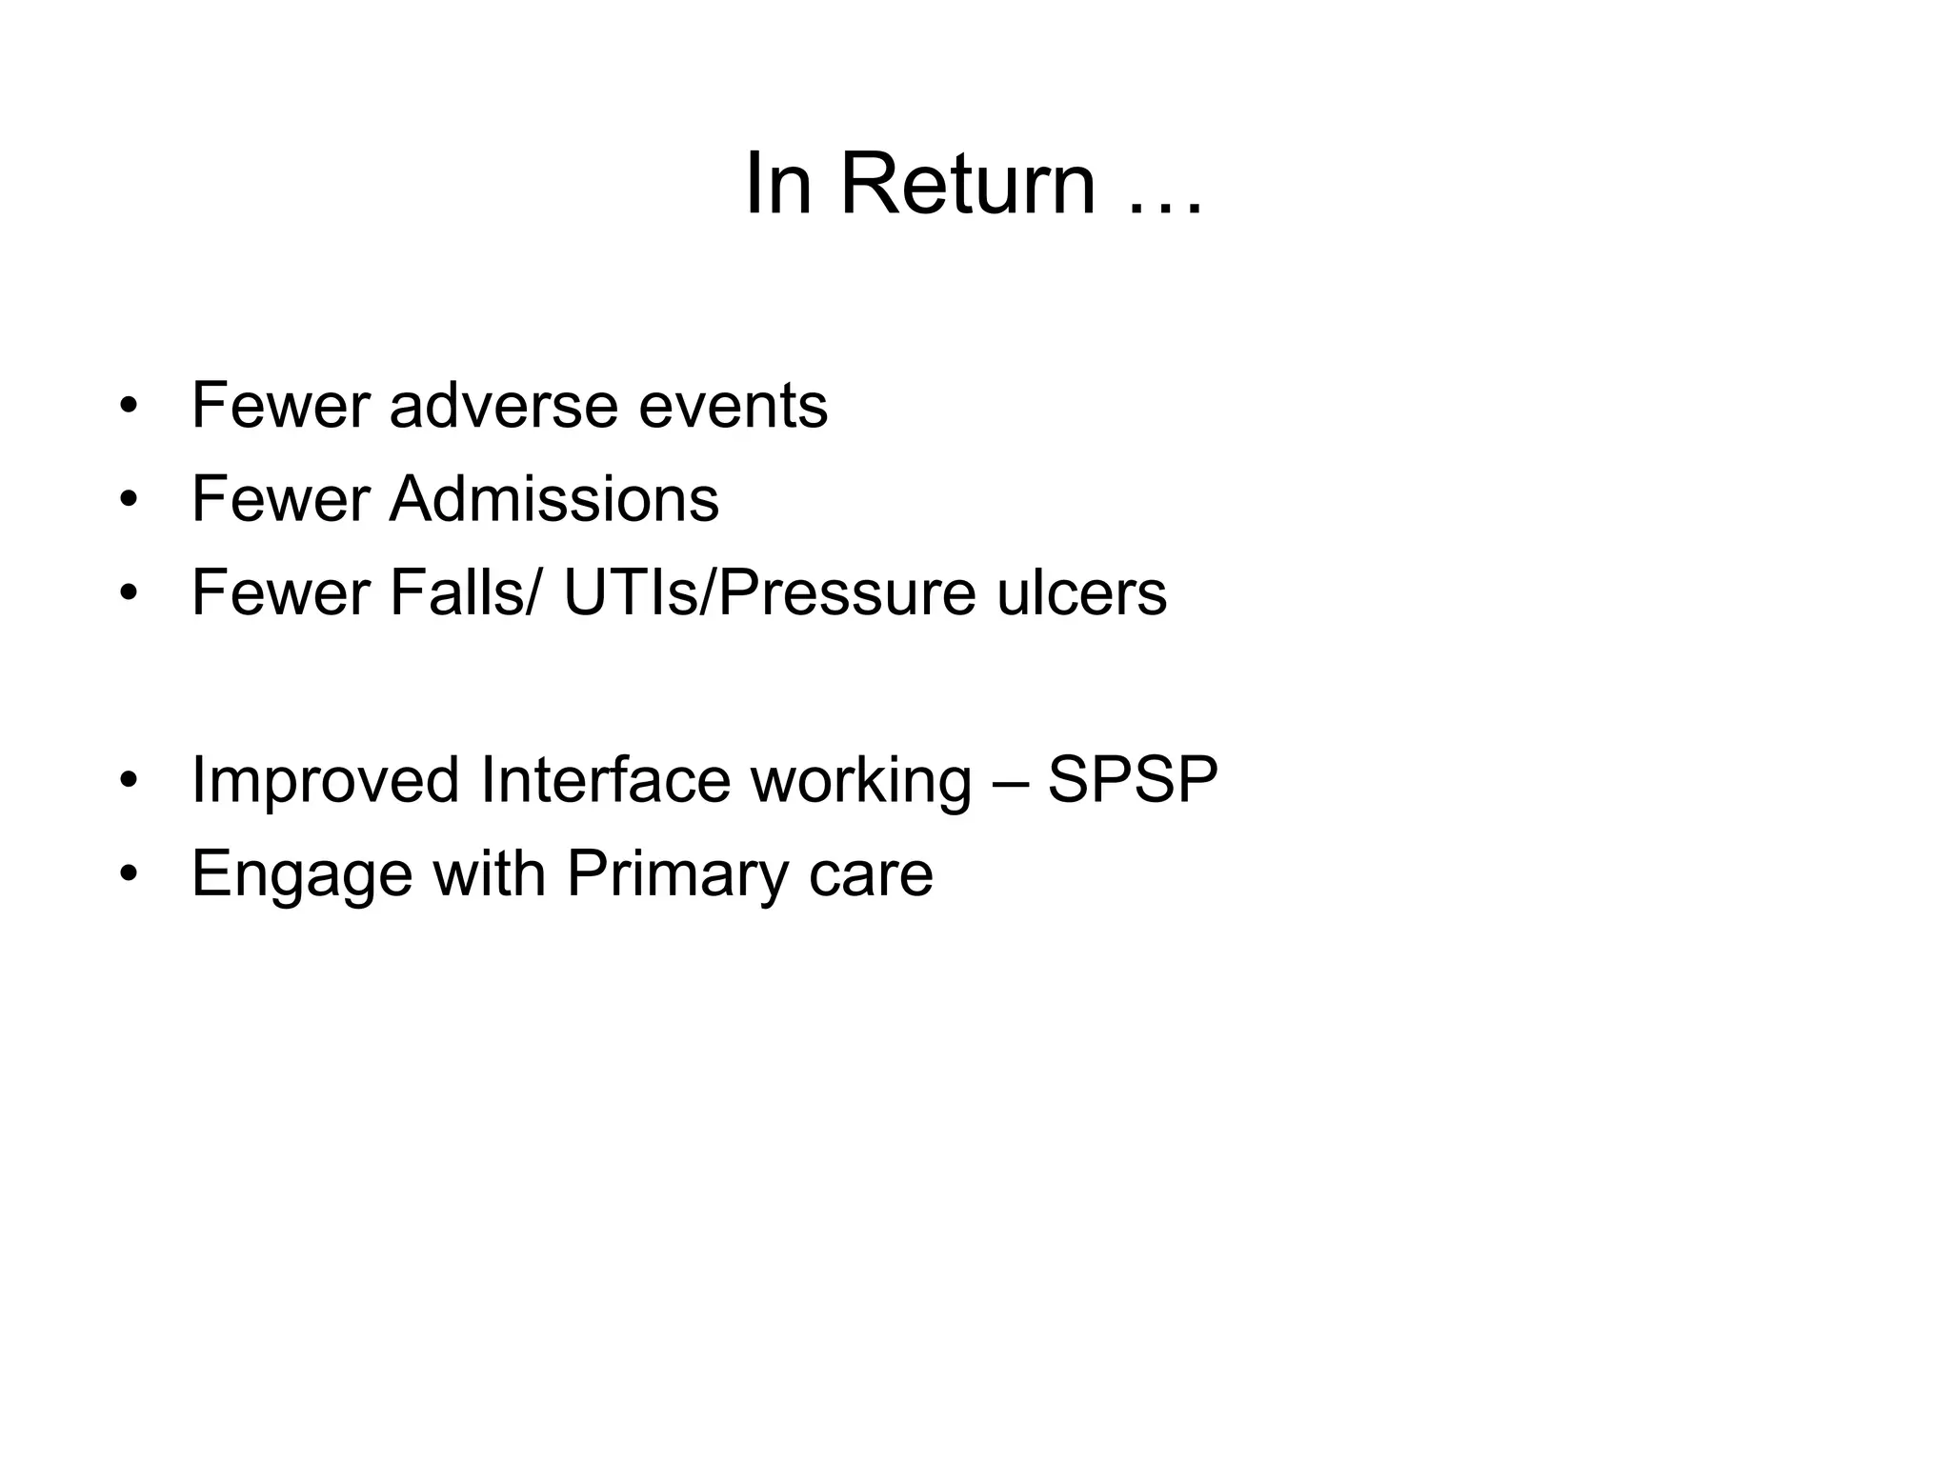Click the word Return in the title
coord(967,184)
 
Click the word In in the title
coord(777,184)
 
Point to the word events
coord(733,406)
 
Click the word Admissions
coord(553,499)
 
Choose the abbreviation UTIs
coord(630,592)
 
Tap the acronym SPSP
coord(1133,779)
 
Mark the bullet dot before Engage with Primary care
coord(129,873)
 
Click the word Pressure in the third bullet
coord(846,592)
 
